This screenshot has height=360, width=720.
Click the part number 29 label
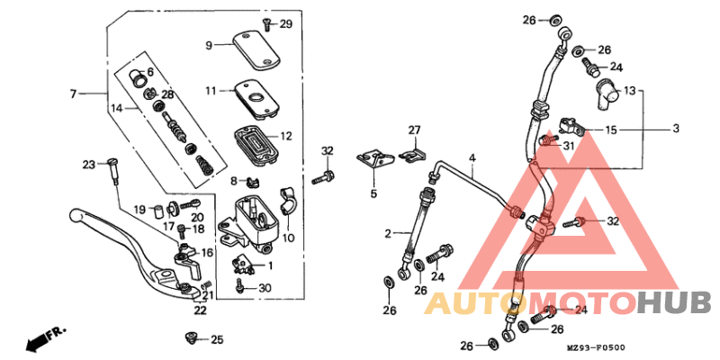coord(286,23)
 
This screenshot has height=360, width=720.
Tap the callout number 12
coord(286,137)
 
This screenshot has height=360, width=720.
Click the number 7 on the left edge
coord(75,93)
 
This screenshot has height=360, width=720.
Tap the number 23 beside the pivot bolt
coord(88,165)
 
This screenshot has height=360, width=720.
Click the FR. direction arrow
coord(47,339)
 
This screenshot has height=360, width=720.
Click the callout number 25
coord(216,340)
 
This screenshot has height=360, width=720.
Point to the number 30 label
coord(264,288)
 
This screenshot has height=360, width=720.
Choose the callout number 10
coord(288,238)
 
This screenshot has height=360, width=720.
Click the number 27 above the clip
coord(415,130)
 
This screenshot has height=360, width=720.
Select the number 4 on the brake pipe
coord(471,158)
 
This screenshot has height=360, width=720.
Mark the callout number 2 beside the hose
coord(388,233)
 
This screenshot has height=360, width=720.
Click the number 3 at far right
coord(675,130)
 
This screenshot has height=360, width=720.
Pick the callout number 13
coord(630,91)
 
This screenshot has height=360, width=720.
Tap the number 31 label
coord(568,147)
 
